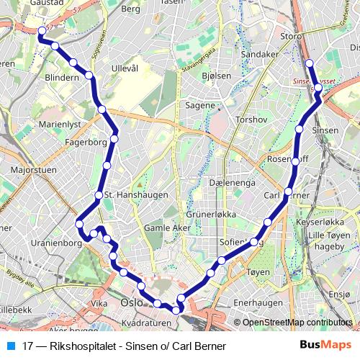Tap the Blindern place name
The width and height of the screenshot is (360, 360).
click(61, 77)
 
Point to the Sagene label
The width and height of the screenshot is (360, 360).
click(201, 105)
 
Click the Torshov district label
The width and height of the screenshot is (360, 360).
click(251, 119)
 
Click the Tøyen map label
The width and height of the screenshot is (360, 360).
click(258, 272)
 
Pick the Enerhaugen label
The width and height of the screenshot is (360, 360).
click(256, 302)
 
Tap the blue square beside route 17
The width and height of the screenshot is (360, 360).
click(10, 346)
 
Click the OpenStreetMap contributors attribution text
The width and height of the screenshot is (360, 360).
click(297, 323)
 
